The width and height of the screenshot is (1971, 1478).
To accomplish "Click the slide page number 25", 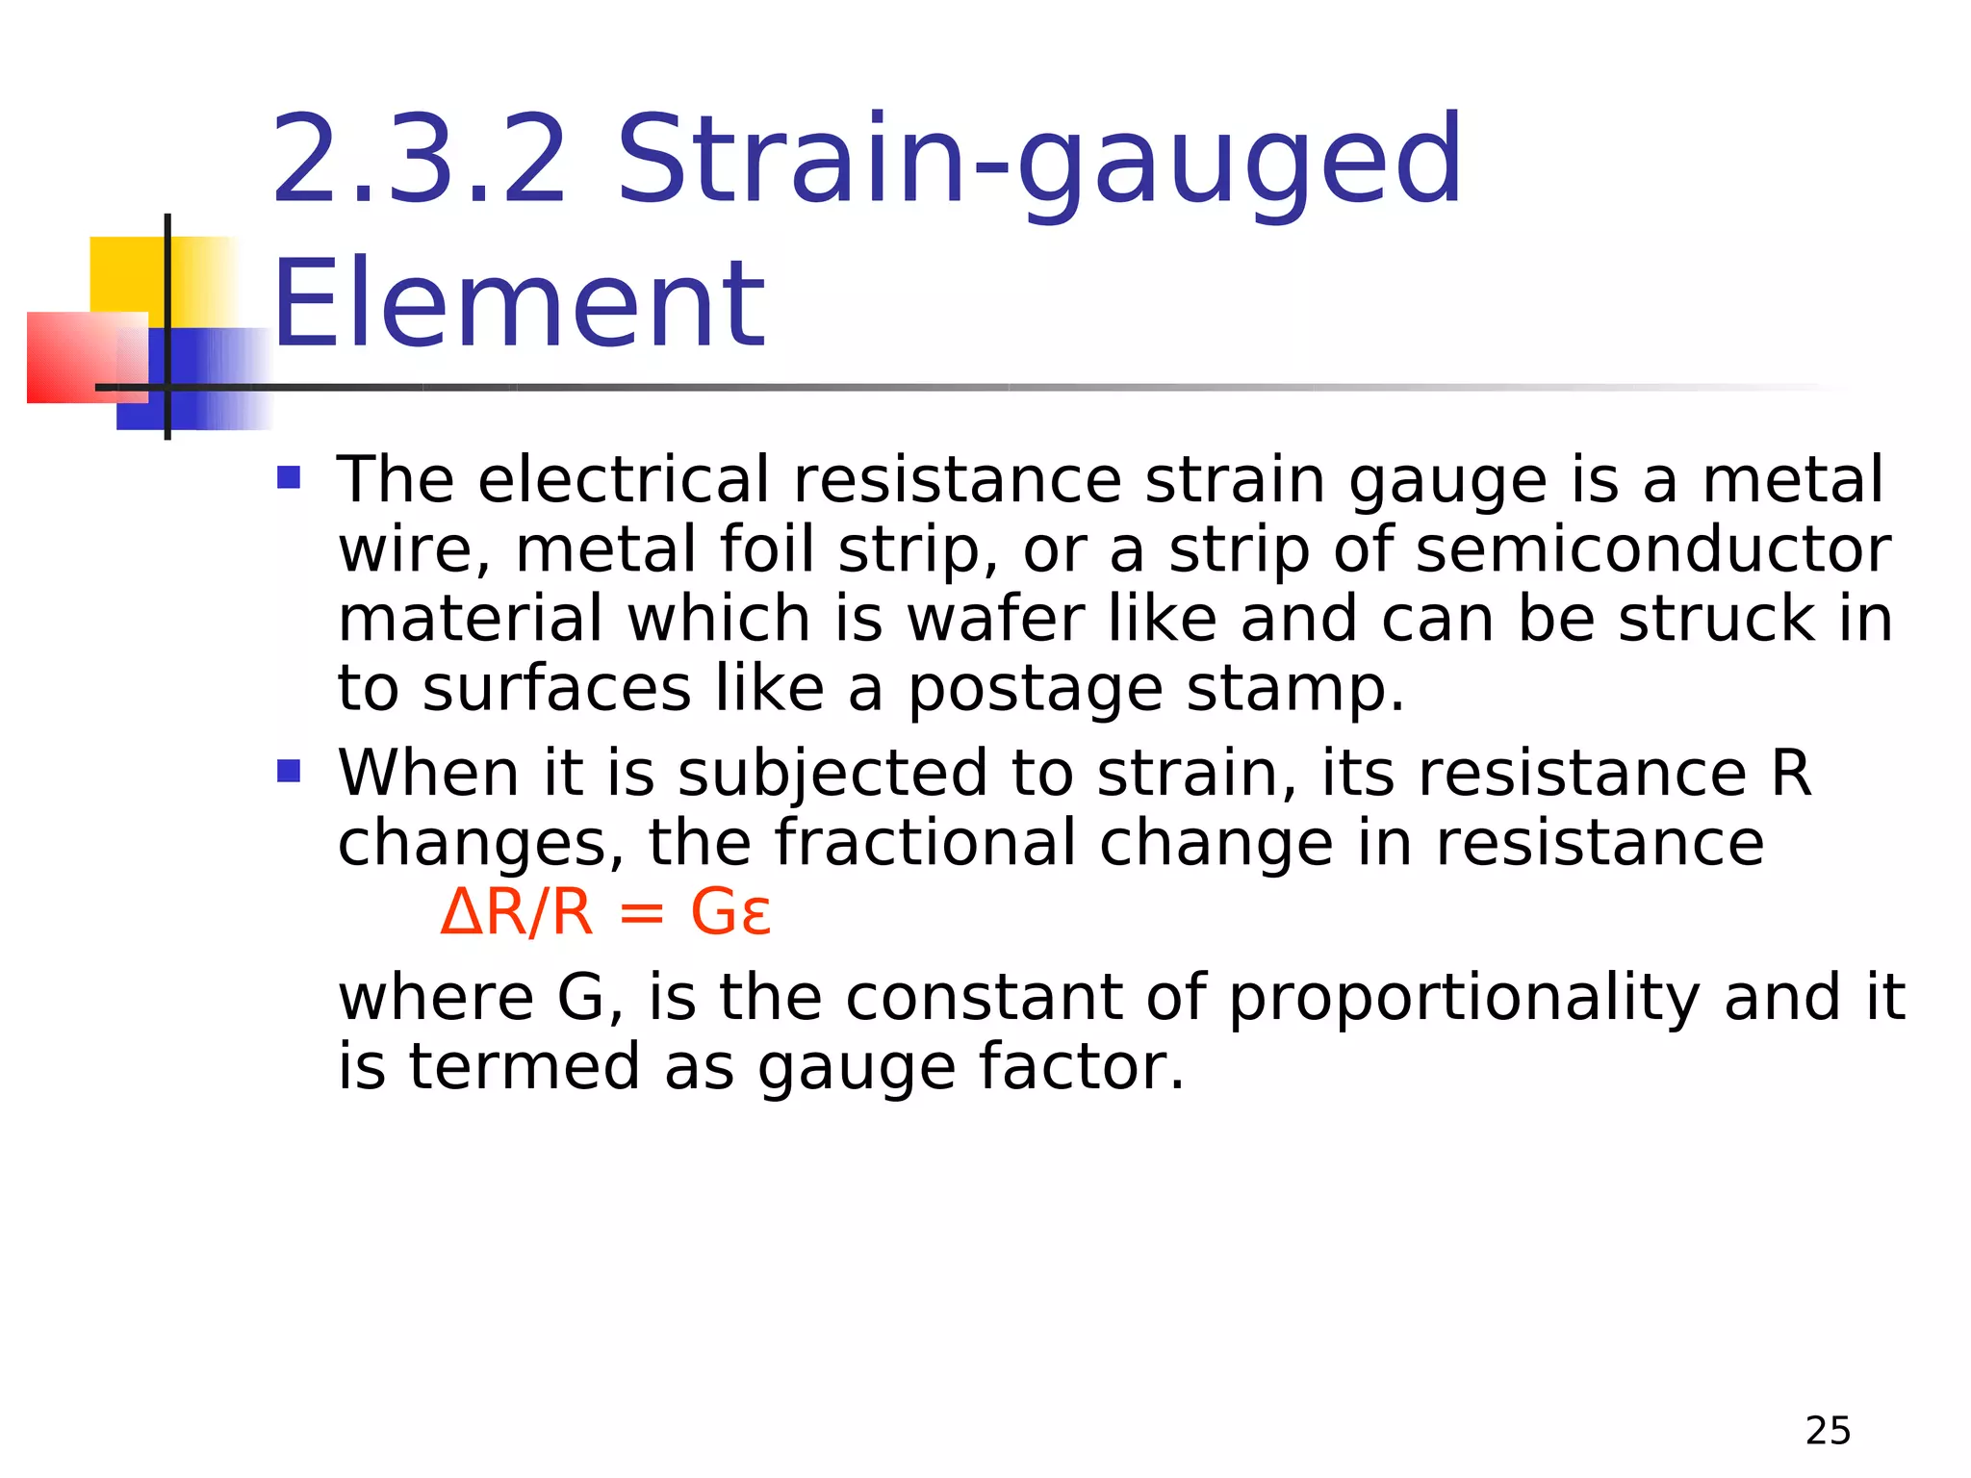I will click(x=1828, y=1431).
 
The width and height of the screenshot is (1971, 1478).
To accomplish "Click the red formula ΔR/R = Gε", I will click(x=604, y=912).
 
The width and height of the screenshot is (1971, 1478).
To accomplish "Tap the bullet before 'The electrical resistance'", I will click(x=289, y=477).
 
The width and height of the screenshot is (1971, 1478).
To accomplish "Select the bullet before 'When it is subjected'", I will click(x=289, y=771).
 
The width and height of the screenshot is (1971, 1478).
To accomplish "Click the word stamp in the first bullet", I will click(x=1294, y=691).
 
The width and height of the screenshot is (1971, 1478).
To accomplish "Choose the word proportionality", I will click(x=1464, y=997).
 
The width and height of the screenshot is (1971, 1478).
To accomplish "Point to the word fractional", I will click(x=925, y=843).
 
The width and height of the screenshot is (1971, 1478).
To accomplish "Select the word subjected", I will click(x=832, y=774).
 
